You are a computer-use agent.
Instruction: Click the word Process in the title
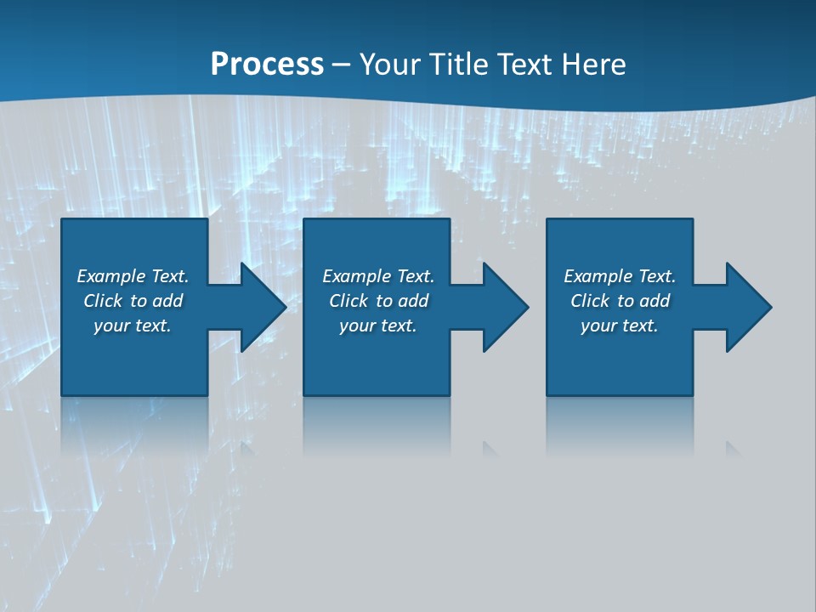click(267, 65)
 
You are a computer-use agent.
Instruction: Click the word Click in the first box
click(104, 301)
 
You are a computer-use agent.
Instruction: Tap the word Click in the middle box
click(349, 301)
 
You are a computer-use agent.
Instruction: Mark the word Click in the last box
click(591, 301)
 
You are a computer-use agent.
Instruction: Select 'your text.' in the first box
click(133, 326)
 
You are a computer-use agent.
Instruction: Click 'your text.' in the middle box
click(378, 326)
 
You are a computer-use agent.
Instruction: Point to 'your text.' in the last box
click(620, 326)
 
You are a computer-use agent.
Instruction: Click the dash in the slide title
click(341, 65)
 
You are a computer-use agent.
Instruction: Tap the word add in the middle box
click(413, 301)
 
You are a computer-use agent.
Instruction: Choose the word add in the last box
click(654, 301)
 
